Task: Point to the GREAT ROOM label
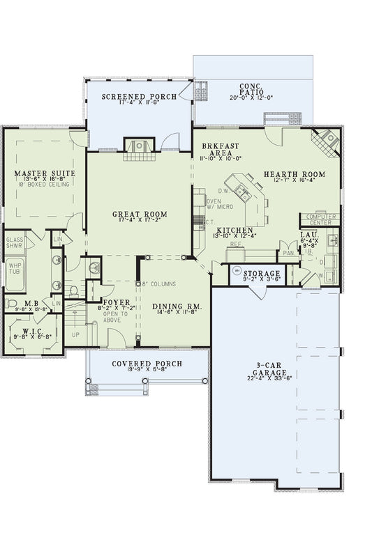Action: (x=139, y=213)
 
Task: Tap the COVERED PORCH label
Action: (x=147, y=364)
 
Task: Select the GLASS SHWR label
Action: (x=15, y=243)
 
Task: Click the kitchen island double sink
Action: (x=244, y=191)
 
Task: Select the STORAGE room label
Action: (x=262, y=273)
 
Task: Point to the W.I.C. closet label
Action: (x=33, y=332)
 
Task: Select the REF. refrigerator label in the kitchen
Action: (x=236, y=245)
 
